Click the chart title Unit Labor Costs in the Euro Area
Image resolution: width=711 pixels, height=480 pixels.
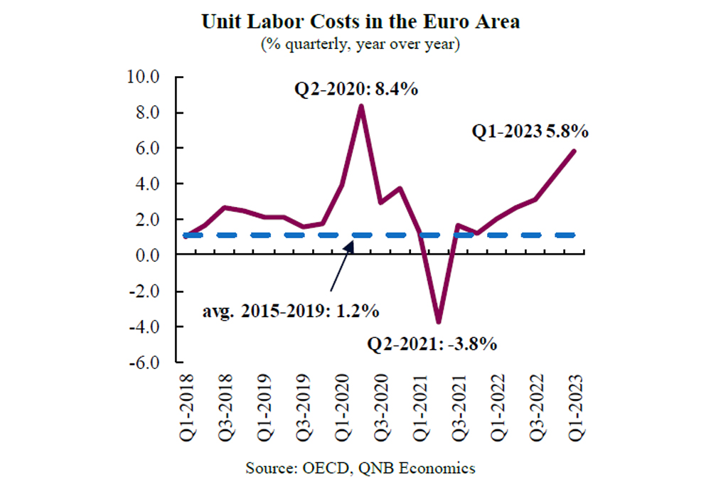point(360,21)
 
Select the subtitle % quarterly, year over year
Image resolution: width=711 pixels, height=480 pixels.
point(360,45)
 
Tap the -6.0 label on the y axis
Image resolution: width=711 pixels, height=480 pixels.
point(147,363)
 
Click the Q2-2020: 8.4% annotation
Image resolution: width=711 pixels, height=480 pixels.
point(355,90)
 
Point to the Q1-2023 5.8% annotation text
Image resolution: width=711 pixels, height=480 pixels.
point(530,132)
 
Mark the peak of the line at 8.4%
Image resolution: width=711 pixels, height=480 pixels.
point(361,106)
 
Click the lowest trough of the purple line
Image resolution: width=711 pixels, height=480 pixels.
point(439,322)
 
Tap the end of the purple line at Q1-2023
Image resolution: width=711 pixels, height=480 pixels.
point(574,151)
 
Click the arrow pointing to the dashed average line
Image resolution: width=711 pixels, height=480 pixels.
point(341,267)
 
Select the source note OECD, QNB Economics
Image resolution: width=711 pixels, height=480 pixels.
point(360,468)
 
